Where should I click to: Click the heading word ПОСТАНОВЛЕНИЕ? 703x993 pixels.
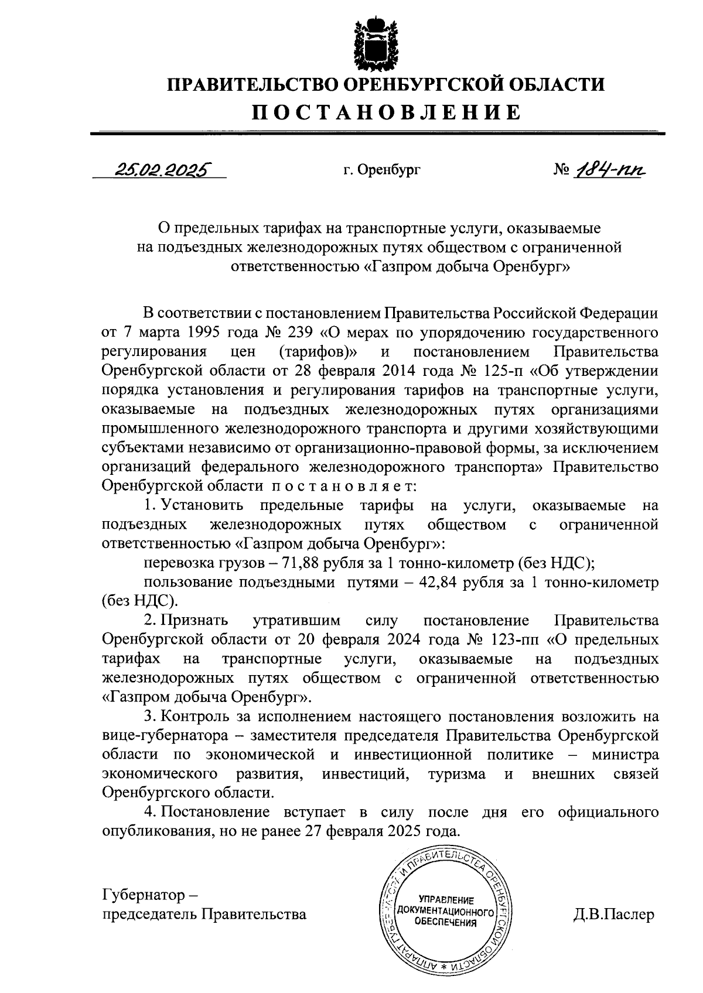click(x=386, y=111)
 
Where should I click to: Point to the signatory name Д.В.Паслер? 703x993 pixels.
click(x=613, y=915)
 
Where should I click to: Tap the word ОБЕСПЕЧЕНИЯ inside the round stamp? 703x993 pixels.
click(x=445, y=922)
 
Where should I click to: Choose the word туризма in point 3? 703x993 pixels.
click(x=457, y=774)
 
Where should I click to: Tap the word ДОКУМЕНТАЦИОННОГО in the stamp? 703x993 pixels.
click(x=443, y=912)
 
